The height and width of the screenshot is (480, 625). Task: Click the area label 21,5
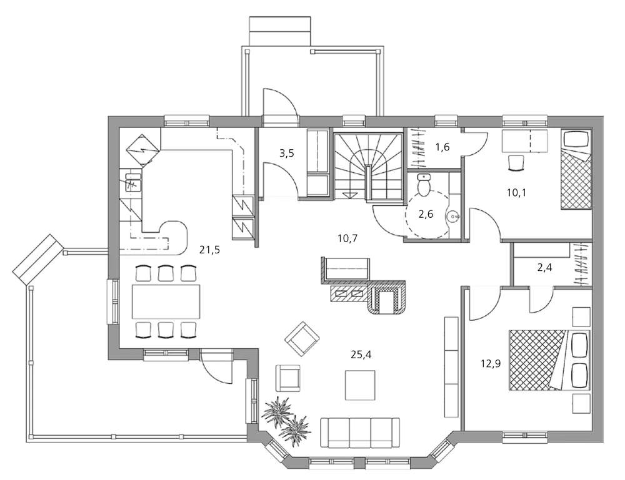(x=209, y=250)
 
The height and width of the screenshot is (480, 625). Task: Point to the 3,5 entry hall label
(x=286, y=153)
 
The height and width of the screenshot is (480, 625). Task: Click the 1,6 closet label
(x=442, y=147)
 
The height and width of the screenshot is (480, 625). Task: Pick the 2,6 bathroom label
(x=426, y=214)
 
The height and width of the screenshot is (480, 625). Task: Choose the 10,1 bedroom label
(x=516, y=192)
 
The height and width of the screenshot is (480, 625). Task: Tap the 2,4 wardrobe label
(x=546, y=269)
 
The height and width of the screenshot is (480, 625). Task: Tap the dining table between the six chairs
(x=166, y=301)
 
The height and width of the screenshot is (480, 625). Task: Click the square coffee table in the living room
(x=360, y=385)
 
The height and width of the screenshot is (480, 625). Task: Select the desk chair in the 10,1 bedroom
(x=516, y=162)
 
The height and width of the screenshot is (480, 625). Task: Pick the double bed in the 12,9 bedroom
(x=547, y=360)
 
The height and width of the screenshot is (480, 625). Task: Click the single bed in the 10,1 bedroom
(x=575, y=170)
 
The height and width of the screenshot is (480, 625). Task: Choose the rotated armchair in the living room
(x=302, y=339)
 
